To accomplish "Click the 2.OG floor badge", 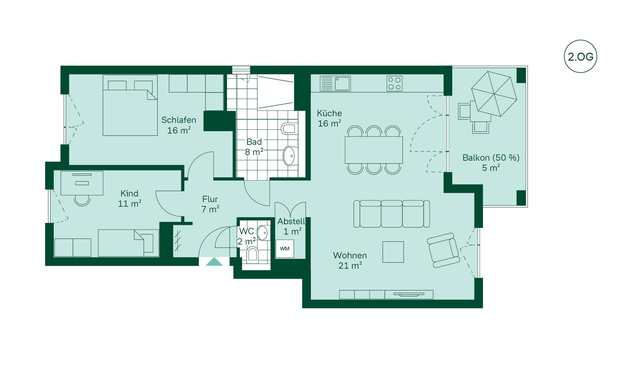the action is point(580,57).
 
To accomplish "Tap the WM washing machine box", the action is point(285,249).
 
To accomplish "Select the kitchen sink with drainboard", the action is point(335,83).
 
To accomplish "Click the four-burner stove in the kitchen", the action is point(394,83).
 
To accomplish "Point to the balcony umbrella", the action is point(494,94).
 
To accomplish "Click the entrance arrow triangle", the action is point(214,262).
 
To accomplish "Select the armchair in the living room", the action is point(443,250).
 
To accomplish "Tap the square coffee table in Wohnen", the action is point(393,252).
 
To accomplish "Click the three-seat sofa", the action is point(391,214).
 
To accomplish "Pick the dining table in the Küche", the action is point(374,150).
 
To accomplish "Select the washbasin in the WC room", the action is point(262,233).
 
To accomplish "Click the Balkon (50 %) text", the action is point(491,158).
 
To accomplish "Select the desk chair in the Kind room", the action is point(82,200).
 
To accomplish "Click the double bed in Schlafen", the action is point(130,105).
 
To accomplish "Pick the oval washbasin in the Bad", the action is point(289,156).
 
